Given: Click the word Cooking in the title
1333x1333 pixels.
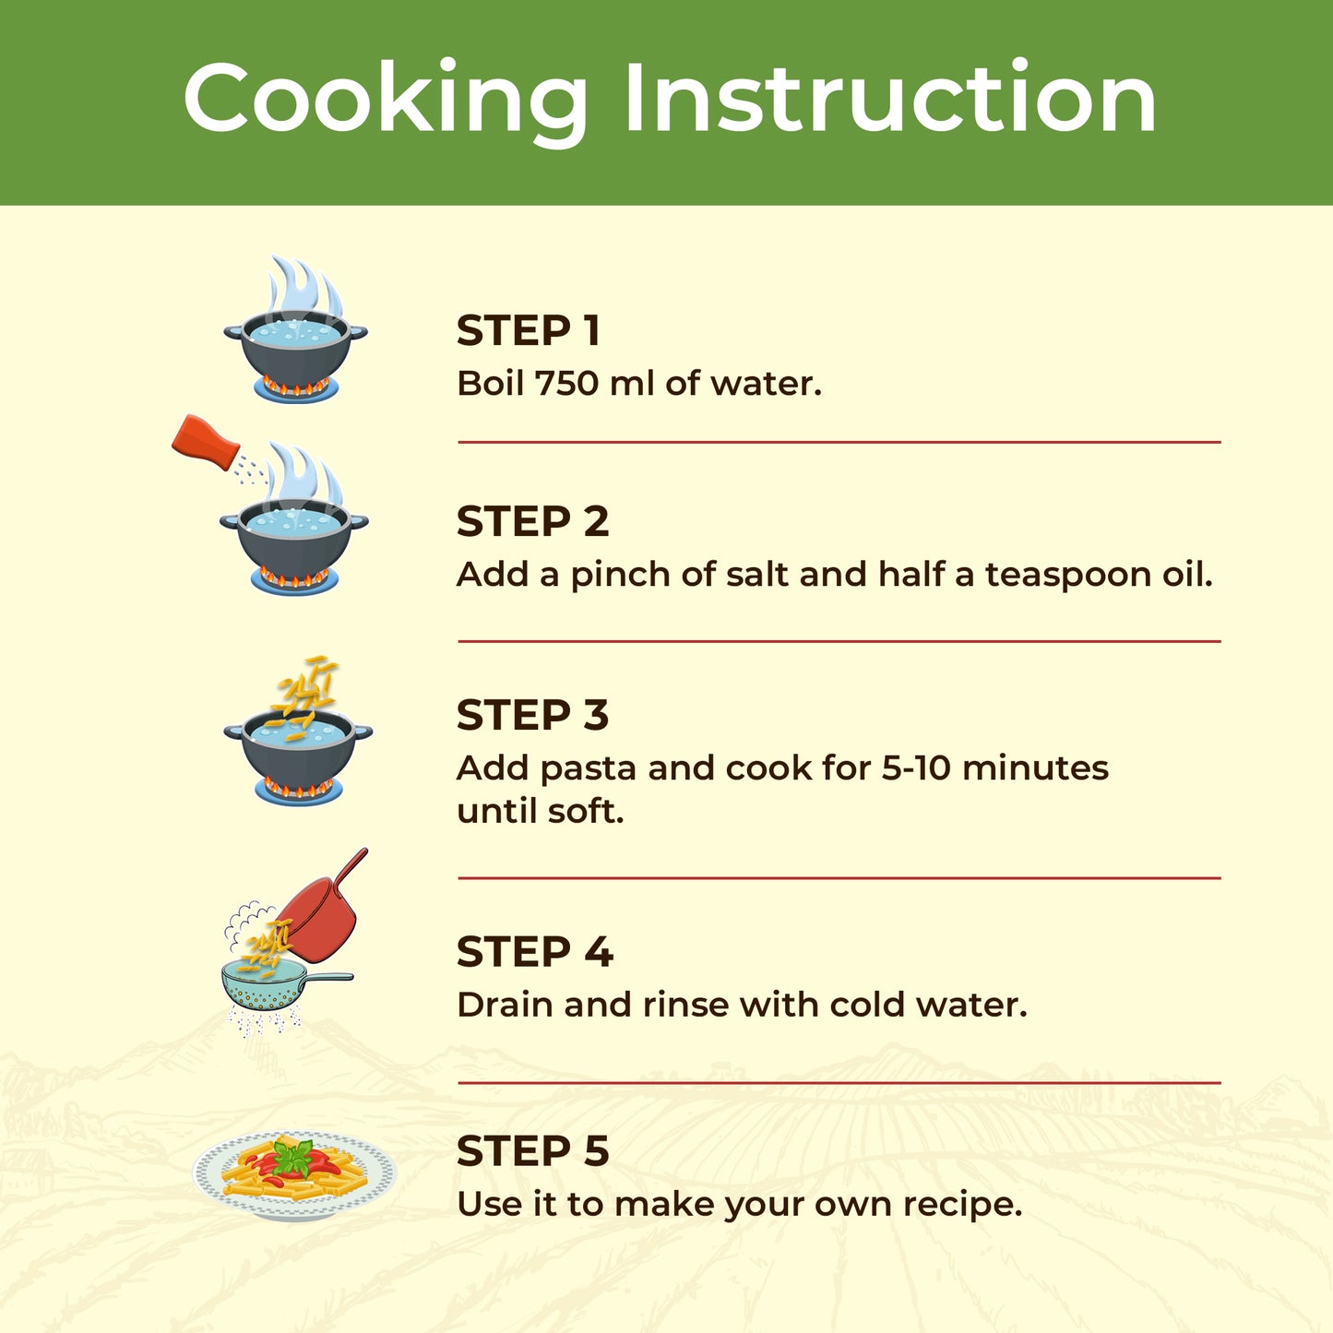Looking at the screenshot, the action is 386,101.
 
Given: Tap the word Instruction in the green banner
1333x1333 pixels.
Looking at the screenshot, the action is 890,96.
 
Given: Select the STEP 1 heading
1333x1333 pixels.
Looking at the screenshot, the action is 528,330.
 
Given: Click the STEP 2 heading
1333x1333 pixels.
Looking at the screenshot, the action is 532,521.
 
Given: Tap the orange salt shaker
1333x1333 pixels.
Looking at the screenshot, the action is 206,443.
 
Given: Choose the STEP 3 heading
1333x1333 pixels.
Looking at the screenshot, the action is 532,715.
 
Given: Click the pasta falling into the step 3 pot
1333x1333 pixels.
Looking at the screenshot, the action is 304,692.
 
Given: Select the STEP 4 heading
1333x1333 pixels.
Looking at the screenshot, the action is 535,952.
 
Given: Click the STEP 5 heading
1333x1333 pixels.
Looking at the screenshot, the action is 532,1150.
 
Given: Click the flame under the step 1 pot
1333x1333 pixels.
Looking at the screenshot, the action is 295,386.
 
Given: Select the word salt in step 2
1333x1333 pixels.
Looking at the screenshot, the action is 757,574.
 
